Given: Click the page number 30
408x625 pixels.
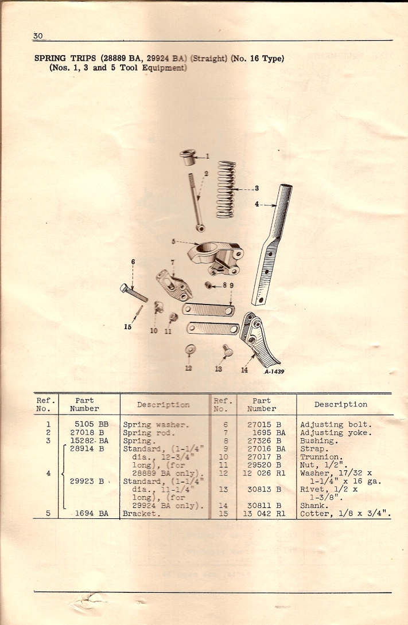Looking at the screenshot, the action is click(38, 36).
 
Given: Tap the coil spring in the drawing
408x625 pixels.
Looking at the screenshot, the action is click(226, 189).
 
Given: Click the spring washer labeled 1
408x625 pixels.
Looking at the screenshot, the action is click(188, 157).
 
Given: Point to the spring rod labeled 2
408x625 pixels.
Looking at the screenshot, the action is click(197, 202).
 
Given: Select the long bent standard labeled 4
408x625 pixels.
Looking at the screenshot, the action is click(271, 245).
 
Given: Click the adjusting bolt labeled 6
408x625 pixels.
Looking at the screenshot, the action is click(134, 292).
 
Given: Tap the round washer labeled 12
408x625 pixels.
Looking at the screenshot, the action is click(191, 350).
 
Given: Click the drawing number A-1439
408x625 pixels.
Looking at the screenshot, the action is click(274, 372).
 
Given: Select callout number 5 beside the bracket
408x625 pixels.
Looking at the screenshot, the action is click(173, 241).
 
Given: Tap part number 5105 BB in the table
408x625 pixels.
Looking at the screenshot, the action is click(91, 424).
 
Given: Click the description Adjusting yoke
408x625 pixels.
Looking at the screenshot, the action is click(336, 432).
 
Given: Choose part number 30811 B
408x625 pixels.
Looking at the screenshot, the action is click(264, 505).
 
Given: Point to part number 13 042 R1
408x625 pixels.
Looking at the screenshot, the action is click(264, 513).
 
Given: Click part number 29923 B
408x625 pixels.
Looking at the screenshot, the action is click(87, 481).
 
